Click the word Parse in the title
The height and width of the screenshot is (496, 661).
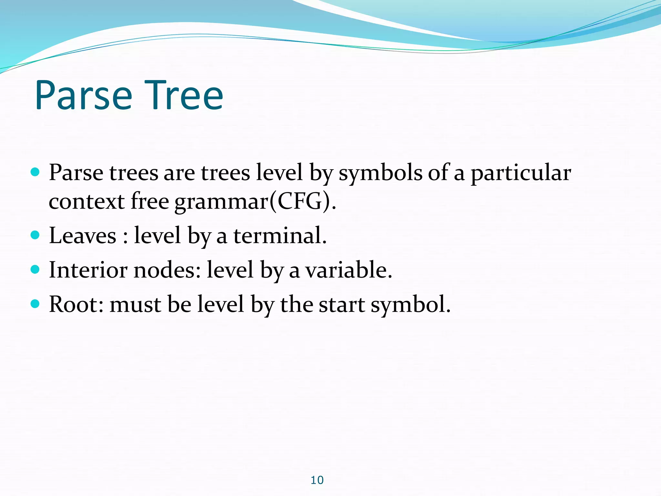(x=83, y=96)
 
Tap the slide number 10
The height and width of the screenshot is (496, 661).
(x=317, y=480)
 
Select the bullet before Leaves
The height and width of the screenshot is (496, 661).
(x=35, y=234)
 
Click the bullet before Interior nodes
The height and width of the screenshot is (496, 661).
(x=35, y=269)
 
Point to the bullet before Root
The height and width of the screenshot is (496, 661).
(x=35, y=304)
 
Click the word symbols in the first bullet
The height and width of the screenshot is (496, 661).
(x=380, y=173)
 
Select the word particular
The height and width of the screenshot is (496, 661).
(x=521, y=173)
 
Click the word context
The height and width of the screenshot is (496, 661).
(x=86, y=201)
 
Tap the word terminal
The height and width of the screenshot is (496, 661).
(x=280, y=235)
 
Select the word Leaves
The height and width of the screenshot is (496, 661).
(x=83, y=235)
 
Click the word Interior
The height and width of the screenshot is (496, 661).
(x=88, y=270)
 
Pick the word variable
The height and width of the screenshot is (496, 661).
(x=349, y=270)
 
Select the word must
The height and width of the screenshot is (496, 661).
(x=135, y=305)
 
